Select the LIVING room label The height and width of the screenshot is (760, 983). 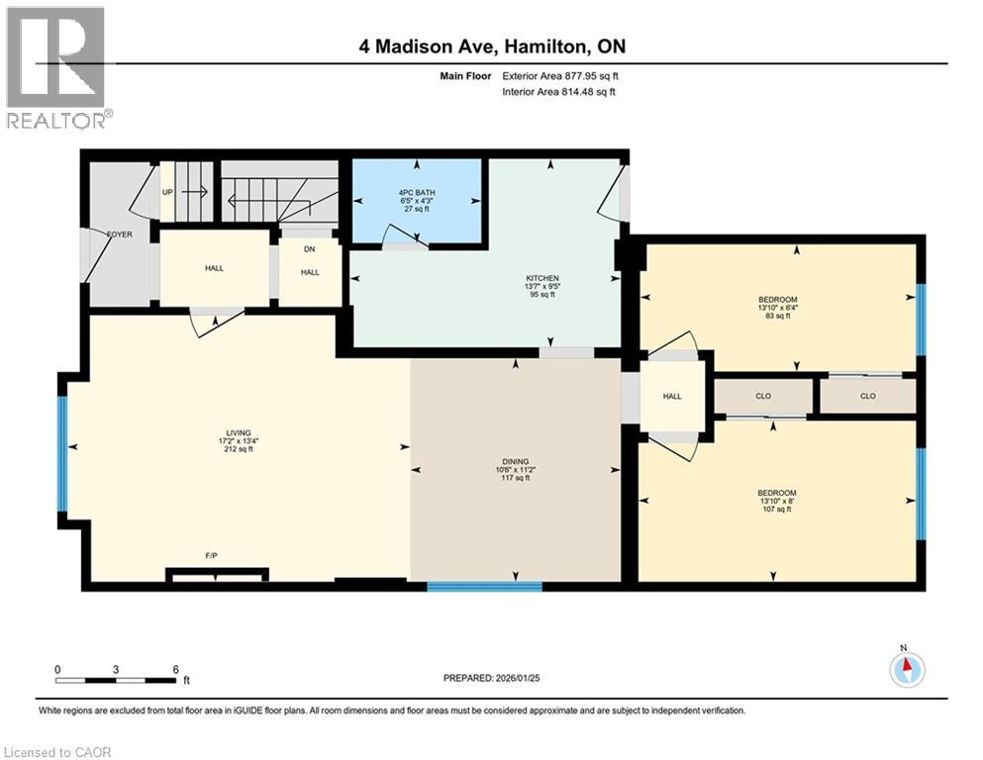click(x=237, y=432)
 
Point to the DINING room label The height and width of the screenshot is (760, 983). click(x=515, y=461)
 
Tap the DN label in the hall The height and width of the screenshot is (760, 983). click(x=309, y=249)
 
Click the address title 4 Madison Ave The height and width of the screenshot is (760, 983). click(x=492, y=47)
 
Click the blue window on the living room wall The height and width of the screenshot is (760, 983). click(x=62, y=454)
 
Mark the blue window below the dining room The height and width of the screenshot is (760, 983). click(x=484, y=587)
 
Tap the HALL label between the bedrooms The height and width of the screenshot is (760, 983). click(x=672, y=396)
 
